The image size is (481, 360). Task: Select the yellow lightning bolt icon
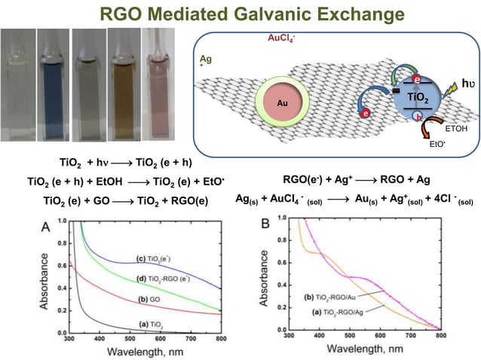point(451,92)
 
